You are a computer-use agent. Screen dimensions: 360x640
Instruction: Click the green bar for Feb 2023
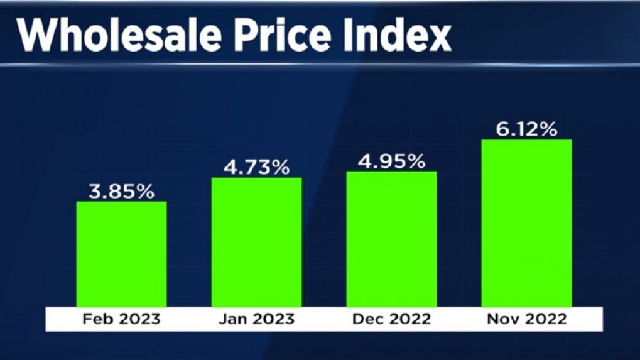[x=121, y=254]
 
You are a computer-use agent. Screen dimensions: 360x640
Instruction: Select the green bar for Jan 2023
[x=256, y=242]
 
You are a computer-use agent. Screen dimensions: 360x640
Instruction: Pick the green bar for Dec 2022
[x=391, y=239]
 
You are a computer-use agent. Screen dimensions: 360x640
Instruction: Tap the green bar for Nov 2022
[x=526, y=222]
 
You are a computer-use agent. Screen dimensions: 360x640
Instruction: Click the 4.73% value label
[x=256, y=168]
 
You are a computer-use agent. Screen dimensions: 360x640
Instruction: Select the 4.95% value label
[x=391, y=161]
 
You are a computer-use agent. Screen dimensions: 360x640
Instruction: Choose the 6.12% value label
[x=526, y=129]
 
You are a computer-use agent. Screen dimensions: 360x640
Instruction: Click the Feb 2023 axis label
[x=121, y=319]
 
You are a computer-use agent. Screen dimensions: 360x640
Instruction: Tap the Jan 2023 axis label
[x=256, y=319]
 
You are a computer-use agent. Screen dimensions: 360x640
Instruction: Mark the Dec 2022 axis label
[x=391, y=319]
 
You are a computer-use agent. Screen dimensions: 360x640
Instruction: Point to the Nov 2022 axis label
[x=526, y=319]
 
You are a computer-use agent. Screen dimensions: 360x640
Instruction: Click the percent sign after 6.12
[x=548, y=129]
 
